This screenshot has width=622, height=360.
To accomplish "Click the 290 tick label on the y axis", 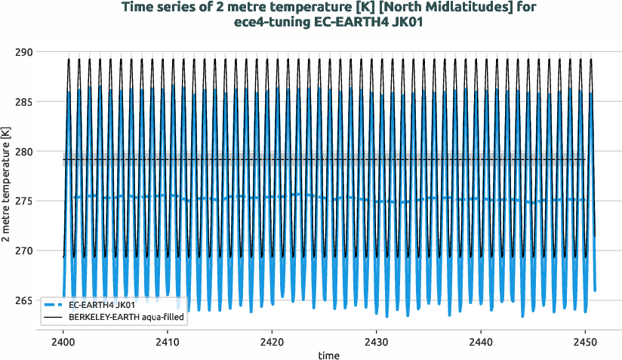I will (x=23, y=52).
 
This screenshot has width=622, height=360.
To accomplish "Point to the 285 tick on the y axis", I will (x=23, y=102).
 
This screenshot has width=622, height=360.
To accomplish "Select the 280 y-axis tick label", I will (x=23, y=152).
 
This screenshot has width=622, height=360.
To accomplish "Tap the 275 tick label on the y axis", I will (x=23, y=201).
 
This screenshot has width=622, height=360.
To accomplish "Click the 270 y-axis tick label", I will (x=23, y=251).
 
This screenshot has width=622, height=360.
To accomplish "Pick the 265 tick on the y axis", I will (x=23, y=300).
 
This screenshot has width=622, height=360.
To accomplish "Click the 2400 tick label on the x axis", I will (x=63, y=341).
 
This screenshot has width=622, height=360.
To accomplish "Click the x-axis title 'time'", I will (x=328, y=355).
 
